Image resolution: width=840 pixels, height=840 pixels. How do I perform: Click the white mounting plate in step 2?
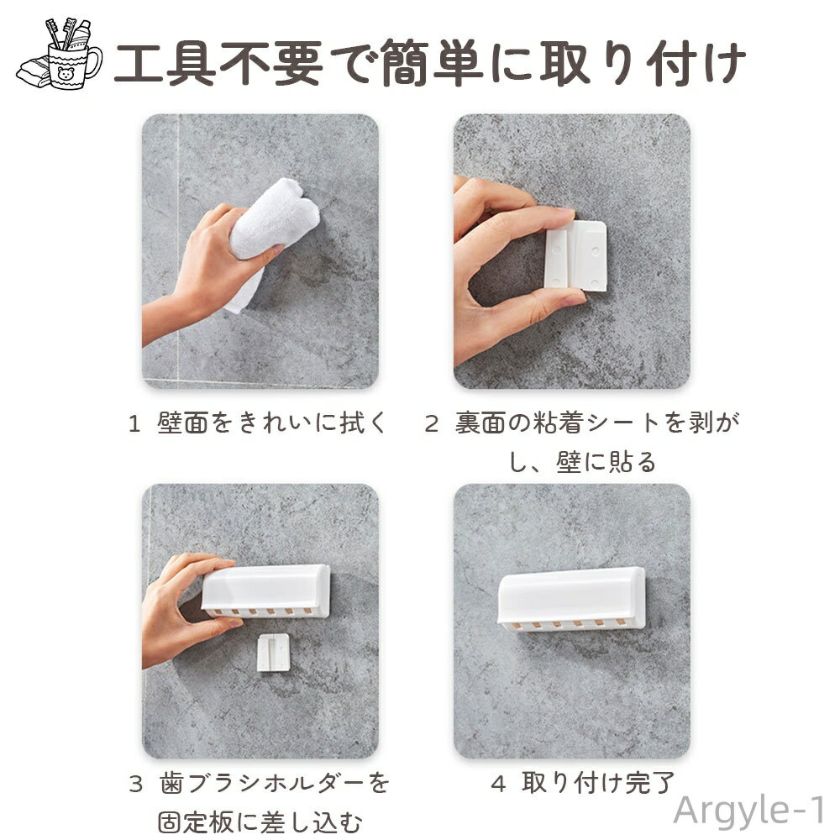coord(579,255)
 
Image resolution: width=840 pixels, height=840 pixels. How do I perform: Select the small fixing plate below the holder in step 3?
coord(273,652)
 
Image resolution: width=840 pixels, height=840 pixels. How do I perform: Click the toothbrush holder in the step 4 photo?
coord(571,599)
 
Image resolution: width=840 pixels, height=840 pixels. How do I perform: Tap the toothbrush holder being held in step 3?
coord(265,591)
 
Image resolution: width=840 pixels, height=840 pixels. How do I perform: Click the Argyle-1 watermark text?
coord(749,811)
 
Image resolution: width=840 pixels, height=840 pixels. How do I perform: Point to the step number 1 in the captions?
coord(134,423)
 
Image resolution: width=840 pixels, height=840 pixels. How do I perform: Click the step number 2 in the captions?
coord(431,423)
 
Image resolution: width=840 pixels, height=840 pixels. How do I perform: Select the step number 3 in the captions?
coord(136,785)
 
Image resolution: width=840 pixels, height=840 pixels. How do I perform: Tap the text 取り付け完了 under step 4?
coord(598,784)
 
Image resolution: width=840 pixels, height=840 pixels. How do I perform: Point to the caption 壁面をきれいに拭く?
coord(273,423)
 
